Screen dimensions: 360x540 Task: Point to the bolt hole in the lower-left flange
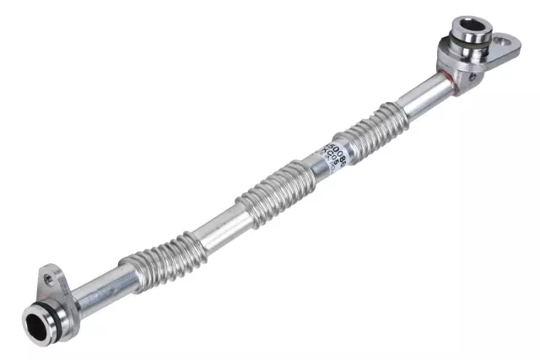point(48,275)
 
